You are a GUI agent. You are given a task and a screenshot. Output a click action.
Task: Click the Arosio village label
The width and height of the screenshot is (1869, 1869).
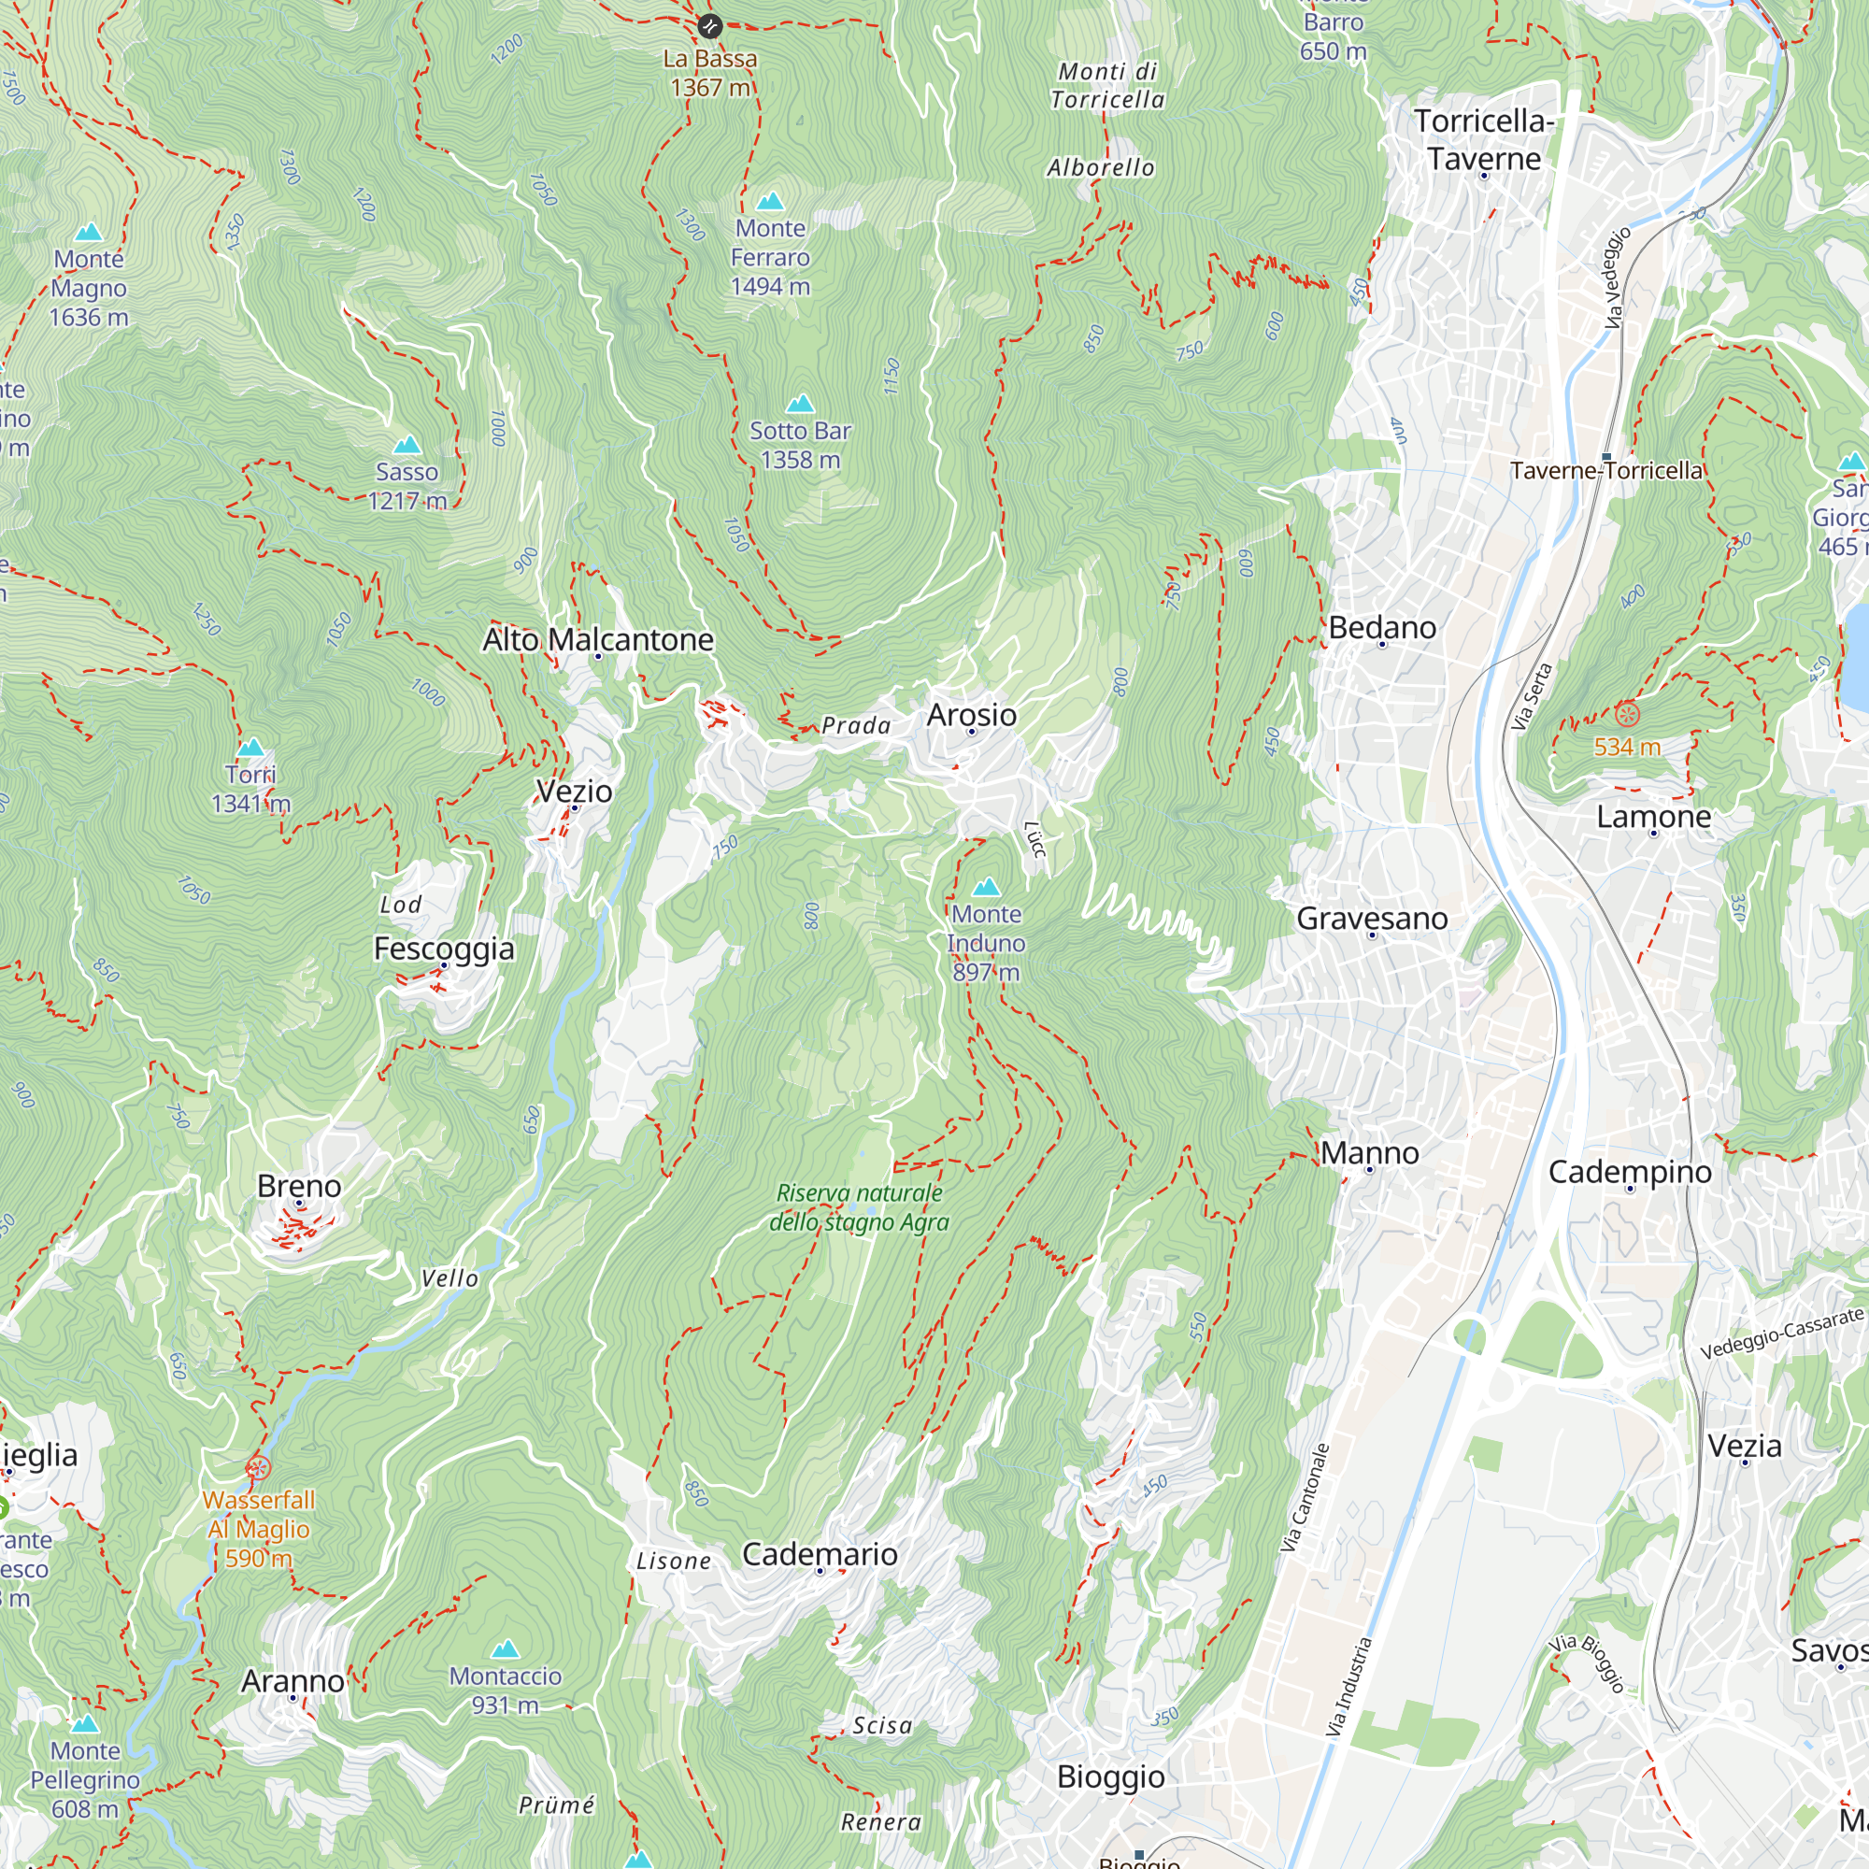click(x=971, y=715)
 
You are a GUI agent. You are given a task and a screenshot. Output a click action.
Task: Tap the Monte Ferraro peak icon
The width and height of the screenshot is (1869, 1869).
click(x=770, y=201)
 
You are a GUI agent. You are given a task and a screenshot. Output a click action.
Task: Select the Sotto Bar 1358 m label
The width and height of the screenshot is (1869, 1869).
click(x=800, y=445)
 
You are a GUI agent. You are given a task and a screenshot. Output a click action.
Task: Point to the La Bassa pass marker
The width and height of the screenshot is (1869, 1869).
click(x=710, y=25)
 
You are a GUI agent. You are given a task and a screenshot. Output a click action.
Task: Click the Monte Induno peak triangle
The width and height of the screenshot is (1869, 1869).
click(x=986, y=887)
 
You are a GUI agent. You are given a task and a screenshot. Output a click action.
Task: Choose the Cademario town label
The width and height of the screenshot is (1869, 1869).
click(x=820, y=1554)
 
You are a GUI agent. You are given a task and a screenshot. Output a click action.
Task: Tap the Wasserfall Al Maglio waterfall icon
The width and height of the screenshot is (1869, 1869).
click(x=257, y=1468)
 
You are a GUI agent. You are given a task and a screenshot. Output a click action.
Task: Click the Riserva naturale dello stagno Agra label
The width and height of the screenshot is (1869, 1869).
click(x=859, y=1207)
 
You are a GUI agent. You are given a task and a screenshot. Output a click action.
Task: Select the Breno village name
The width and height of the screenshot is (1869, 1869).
click(x=299, y=1186)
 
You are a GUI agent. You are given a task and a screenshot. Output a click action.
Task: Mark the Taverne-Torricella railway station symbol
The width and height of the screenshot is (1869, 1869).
click(x=1606, y=457)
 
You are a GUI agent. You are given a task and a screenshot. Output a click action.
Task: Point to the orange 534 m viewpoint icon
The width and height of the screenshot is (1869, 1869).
click(x=1627, y=716)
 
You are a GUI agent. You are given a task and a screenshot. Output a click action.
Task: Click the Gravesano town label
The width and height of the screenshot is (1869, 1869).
click(x=1372, y=918)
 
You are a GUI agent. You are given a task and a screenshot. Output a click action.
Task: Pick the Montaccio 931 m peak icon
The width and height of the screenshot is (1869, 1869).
click(x=505, y=1649)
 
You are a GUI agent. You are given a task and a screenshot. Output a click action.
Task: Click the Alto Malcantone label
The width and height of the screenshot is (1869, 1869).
click(x=598, y=639)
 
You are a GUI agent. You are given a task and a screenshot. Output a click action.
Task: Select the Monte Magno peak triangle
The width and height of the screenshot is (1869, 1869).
click(x=89, y=232)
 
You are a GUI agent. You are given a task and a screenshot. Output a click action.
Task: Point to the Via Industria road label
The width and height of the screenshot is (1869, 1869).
click(x=1348, y=1687)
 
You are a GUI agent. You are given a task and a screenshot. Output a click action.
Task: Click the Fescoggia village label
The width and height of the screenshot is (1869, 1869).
click(x=444, y=948)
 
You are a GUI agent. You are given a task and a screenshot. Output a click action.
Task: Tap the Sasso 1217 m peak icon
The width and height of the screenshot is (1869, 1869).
click(x=407, y=445)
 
